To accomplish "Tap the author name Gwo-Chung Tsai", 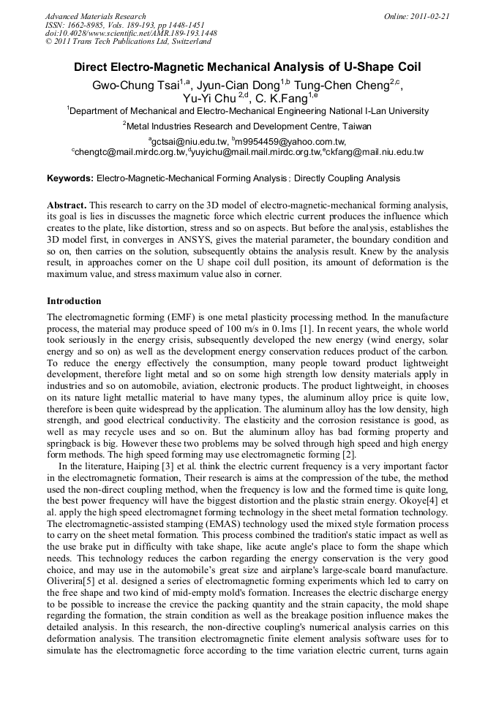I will pyautogui.click(x=132, y=85).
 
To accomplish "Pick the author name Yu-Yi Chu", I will pyautogui.click(x=209, y=97).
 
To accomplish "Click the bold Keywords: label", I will pyautogui.click(x=70, y=178).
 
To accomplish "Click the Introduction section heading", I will pyautogui.click(x=74, y=300).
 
